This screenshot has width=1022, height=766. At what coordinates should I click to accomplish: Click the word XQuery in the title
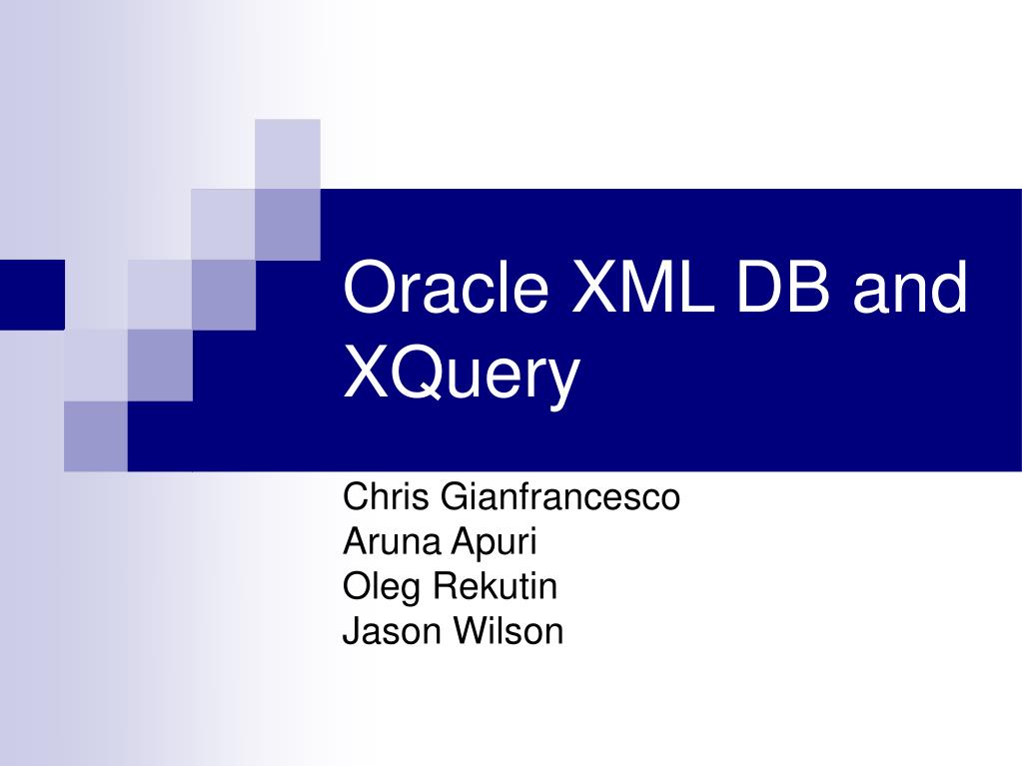click(x=461, y=374)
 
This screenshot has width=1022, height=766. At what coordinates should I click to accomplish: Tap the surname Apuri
click(x=494, y=543)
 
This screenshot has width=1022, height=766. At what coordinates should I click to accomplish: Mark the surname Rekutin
click(x=495, y=586)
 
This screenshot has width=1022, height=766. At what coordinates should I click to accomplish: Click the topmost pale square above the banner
click(x=288, y=153)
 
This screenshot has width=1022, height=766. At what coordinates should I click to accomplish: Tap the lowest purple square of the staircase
click(x=96, y=435)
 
